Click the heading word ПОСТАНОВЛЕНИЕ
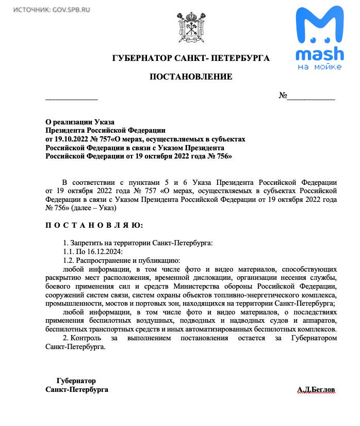[191, 77]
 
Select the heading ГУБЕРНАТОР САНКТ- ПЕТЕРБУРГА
[191, 58]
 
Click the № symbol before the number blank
[283, 96]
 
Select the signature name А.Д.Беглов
[316, 389]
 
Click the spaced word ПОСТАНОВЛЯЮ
[94, 226]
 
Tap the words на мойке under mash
[320, 67]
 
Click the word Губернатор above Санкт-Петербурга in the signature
[76, 381]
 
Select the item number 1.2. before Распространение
[69, 260]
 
